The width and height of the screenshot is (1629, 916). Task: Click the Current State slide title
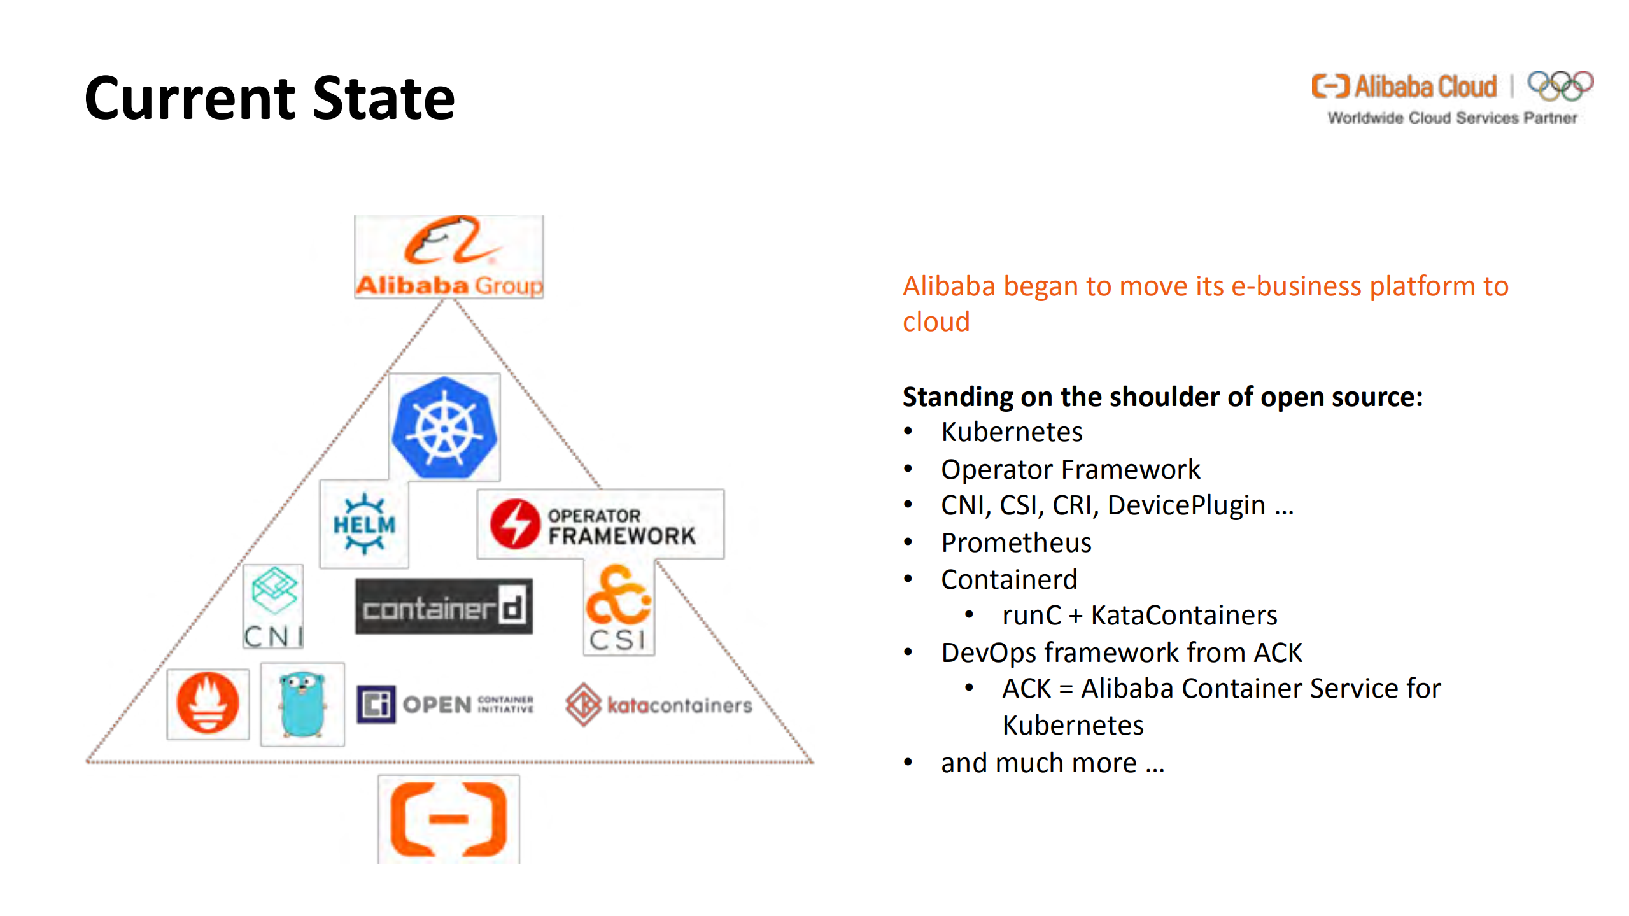tap(270, 99)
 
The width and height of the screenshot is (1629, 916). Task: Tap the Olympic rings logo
tap(1560, 85)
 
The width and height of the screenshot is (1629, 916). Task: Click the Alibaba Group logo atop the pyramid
tap(449, 257)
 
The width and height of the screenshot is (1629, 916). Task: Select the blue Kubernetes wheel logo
tap(444, 427)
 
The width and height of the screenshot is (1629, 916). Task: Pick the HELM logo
tap(364, 524)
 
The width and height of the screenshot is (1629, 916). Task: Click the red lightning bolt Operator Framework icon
tap(515, 523)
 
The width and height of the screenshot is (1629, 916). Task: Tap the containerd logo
tap(444, 607)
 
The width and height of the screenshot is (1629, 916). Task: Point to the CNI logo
tap(274, 607)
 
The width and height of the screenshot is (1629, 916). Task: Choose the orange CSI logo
tap(619, 609)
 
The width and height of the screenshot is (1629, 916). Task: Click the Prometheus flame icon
tap(208, 703)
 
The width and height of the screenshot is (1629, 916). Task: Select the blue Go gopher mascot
tap(302, 703)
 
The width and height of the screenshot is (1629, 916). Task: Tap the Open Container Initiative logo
tap(446, 704)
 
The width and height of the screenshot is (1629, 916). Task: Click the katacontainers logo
tap(659, 705)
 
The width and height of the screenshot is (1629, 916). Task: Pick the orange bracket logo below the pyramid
tap(449, 820)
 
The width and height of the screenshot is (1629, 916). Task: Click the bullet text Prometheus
tap(1016, 543)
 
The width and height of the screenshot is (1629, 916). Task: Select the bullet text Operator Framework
tap(1070, 470)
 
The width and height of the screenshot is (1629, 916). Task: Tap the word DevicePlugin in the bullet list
tap(1186, 505)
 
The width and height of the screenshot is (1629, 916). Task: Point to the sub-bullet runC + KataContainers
tap(1139, 616)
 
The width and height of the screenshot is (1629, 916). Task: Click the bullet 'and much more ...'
tap(1052, 763)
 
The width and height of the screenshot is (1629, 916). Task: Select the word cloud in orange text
tap(936, 322)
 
